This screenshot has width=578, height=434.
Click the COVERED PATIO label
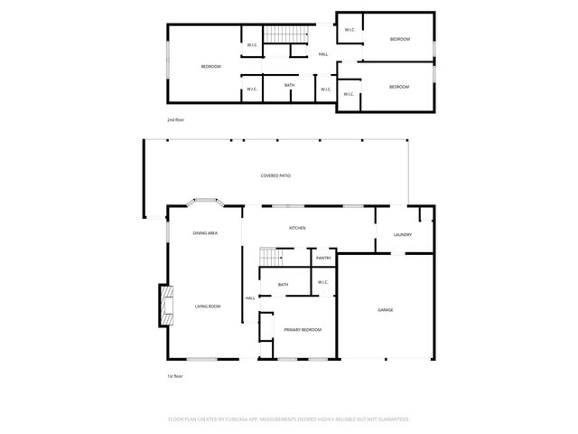275,175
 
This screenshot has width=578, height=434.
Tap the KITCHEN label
297,228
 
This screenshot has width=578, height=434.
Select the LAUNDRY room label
403,235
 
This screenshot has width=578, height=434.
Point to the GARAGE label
385,310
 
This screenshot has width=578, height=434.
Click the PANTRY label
323,259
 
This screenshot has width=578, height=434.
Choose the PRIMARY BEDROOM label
303,330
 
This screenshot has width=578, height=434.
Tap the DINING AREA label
205,233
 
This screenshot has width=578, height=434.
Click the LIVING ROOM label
208,307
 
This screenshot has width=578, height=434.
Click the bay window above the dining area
205,202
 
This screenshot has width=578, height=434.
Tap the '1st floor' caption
174,375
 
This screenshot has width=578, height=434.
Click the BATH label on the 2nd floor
289,86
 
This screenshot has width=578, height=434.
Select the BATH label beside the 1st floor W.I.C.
283,286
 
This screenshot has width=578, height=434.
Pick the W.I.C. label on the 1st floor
322,283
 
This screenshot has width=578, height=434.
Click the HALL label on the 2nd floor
323,54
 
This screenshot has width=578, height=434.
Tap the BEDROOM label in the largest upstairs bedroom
210,67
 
